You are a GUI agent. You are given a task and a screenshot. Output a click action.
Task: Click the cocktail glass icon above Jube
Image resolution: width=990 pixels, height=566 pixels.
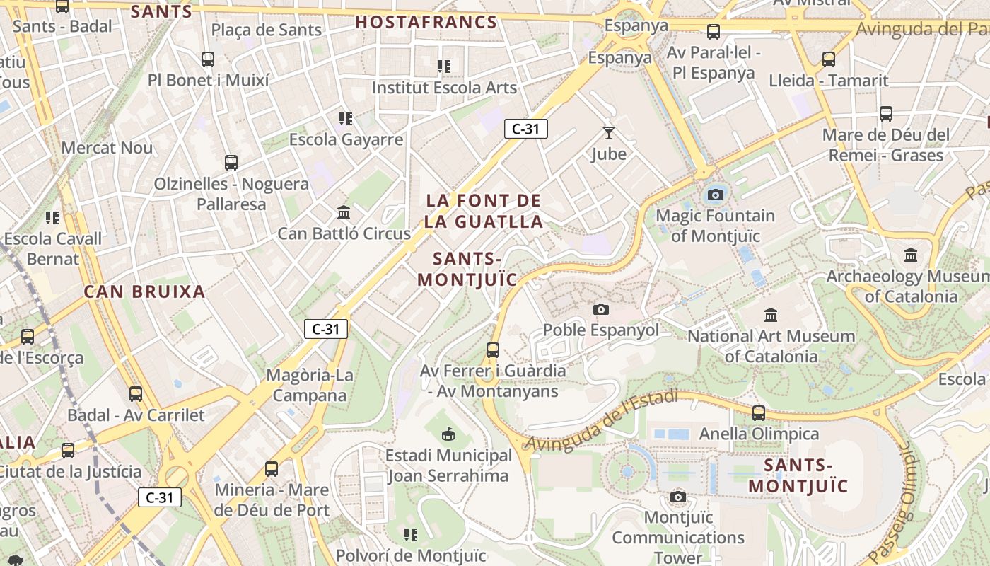609,132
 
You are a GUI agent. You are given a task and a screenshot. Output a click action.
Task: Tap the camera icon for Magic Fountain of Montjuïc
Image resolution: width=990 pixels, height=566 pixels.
715,195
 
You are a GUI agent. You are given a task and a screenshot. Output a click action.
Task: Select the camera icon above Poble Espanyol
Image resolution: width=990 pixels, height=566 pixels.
601,309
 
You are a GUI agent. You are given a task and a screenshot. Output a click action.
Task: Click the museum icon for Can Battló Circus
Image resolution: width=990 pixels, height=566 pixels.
344,212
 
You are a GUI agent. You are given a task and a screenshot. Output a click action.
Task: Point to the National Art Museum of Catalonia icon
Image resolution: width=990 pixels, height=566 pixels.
771,315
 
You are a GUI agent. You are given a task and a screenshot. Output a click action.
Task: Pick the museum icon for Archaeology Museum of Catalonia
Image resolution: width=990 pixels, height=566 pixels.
911,255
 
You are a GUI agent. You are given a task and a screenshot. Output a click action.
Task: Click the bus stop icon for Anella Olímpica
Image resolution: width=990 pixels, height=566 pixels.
759,412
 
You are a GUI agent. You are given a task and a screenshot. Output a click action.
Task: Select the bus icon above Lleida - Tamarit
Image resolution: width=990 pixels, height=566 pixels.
829,59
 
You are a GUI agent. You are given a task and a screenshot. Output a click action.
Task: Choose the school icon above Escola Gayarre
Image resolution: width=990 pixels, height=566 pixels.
346,118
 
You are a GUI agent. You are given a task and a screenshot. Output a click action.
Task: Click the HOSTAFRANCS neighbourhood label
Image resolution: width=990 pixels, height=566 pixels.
426,22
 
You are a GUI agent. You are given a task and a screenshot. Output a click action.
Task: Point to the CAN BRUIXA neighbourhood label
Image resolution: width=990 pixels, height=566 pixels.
144,291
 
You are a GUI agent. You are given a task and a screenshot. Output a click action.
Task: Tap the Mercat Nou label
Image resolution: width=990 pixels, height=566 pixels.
107,148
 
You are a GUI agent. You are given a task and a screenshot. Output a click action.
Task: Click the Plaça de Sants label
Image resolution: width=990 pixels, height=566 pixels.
267,30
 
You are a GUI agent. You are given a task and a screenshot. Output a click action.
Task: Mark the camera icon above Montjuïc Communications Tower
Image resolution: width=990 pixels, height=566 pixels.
678,497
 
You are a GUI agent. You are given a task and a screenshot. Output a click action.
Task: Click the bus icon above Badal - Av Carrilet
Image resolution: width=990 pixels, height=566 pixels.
136,394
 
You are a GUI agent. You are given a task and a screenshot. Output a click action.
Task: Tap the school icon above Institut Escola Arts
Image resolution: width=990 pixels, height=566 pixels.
444,67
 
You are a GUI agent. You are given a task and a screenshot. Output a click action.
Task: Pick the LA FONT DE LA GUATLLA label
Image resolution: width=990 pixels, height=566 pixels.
484,211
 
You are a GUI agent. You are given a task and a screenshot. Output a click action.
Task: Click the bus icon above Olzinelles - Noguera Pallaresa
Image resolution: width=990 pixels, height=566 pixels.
231,163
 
